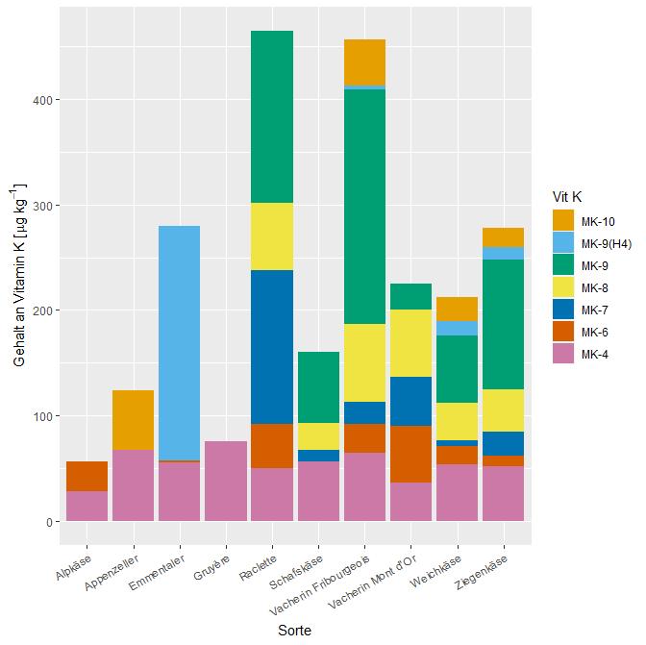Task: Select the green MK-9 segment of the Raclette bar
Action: (x=271, y=116)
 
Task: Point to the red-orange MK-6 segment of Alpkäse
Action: (x=87, y=476)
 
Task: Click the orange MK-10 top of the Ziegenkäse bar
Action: (x=502, y=237)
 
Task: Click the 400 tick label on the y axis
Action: (x=41, y=100)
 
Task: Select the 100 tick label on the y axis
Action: (x=41, y=416)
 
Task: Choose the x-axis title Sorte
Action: (x=294, y=630)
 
